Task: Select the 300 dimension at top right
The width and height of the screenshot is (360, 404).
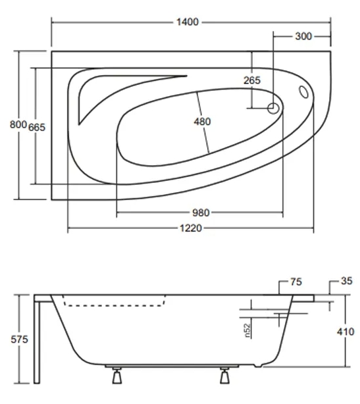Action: point(303,36)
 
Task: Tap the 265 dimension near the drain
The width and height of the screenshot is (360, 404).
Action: point(251,80)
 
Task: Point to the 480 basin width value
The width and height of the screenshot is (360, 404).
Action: point(203,122)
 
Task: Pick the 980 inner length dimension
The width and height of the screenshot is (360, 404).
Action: point(200,213)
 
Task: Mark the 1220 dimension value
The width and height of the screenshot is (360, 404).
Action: point(190,228)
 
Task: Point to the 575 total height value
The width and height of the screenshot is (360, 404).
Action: point(11,341)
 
